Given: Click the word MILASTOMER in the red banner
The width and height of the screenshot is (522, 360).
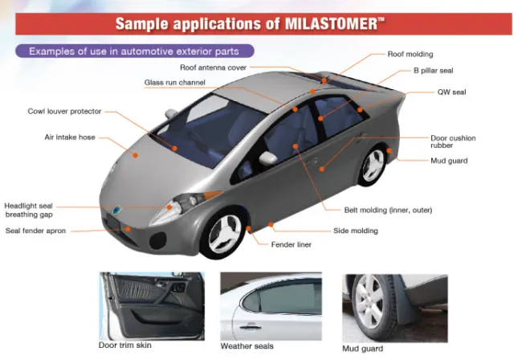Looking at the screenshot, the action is pyautogui.click(x=331, y=24).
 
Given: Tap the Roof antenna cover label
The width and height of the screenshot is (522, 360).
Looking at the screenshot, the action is pyautogui.click(x=213, y=67).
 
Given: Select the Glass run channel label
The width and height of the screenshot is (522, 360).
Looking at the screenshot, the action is pyautogui.click(x=175, y=83).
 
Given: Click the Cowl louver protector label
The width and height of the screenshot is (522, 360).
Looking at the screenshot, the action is pyautogui.click(x=64, y=111).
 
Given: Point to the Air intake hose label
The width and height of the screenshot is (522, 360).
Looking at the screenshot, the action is pyautogui.click(x=70, y=137).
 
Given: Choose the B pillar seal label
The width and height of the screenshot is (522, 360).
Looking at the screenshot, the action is pyautogui.click(x=433, y=71).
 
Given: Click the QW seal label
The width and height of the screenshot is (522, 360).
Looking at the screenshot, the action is pyautogui.click(x=451, y=92).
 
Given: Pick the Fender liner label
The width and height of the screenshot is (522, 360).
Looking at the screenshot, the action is pyautogui.click(x=292, y=245).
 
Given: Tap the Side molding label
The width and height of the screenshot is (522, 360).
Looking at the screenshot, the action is pyautogui.click(x=356, y=231).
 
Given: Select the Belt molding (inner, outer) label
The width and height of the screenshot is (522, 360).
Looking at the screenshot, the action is pyautogui.click(x=388, y=211).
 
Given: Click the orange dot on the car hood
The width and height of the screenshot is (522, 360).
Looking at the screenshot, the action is pyautogui.click(x=136, y=155).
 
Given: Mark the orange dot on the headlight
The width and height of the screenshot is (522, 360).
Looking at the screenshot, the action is pyautogui.click(x=169, y=207).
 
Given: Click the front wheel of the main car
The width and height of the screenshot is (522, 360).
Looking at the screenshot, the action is pyautogui.click(x=225, y=233).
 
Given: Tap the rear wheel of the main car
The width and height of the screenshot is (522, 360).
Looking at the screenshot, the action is pyautogui.click(x=373, y=166).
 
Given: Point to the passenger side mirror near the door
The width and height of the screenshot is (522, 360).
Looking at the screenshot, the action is pyautogui.click(x=268, y=158).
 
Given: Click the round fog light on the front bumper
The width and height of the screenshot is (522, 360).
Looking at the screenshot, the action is pyautogui.click(x=157, y=240).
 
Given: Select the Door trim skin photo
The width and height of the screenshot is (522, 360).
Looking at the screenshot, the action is pyautogui.click(x=152, y=306).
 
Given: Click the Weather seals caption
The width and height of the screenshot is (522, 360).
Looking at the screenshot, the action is pyautogui.click(x=247, y=346).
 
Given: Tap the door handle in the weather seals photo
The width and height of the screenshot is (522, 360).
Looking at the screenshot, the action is pyautogui.click(x=251, y=327).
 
